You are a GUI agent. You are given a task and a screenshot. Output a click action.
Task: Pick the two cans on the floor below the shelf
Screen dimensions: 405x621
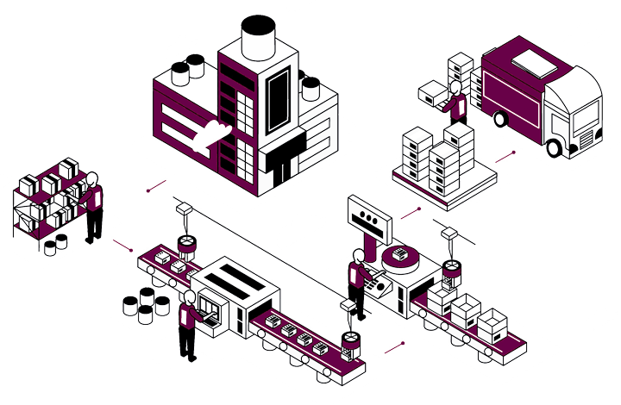tap(56, 244)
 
